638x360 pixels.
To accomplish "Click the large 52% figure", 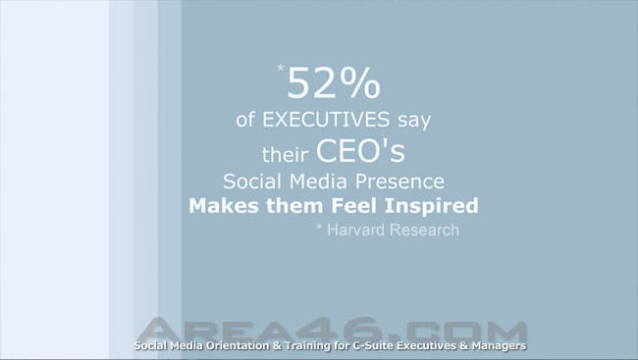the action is coord(334,83).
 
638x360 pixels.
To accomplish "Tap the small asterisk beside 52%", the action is coord(281,68).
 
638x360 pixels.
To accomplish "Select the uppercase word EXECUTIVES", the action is coord(326,120).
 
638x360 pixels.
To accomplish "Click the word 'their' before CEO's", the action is coord(285,154).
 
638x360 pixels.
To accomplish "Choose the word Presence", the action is coord(399,181).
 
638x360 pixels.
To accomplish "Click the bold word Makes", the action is coord(224,205).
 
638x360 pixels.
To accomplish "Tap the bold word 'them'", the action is coord(296,205).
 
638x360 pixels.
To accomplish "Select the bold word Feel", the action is coord(353,205).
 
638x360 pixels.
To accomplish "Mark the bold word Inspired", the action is coord(431,206).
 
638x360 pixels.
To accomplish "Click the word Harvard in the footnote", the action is coord(355,230).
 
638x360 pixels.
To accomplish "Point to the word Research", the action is coord(424,230).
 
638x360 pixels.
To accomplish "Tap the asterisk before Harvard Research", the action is coord(319,227).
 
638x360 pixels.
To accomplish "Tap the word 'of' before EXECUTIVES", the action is coord(245,120).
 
